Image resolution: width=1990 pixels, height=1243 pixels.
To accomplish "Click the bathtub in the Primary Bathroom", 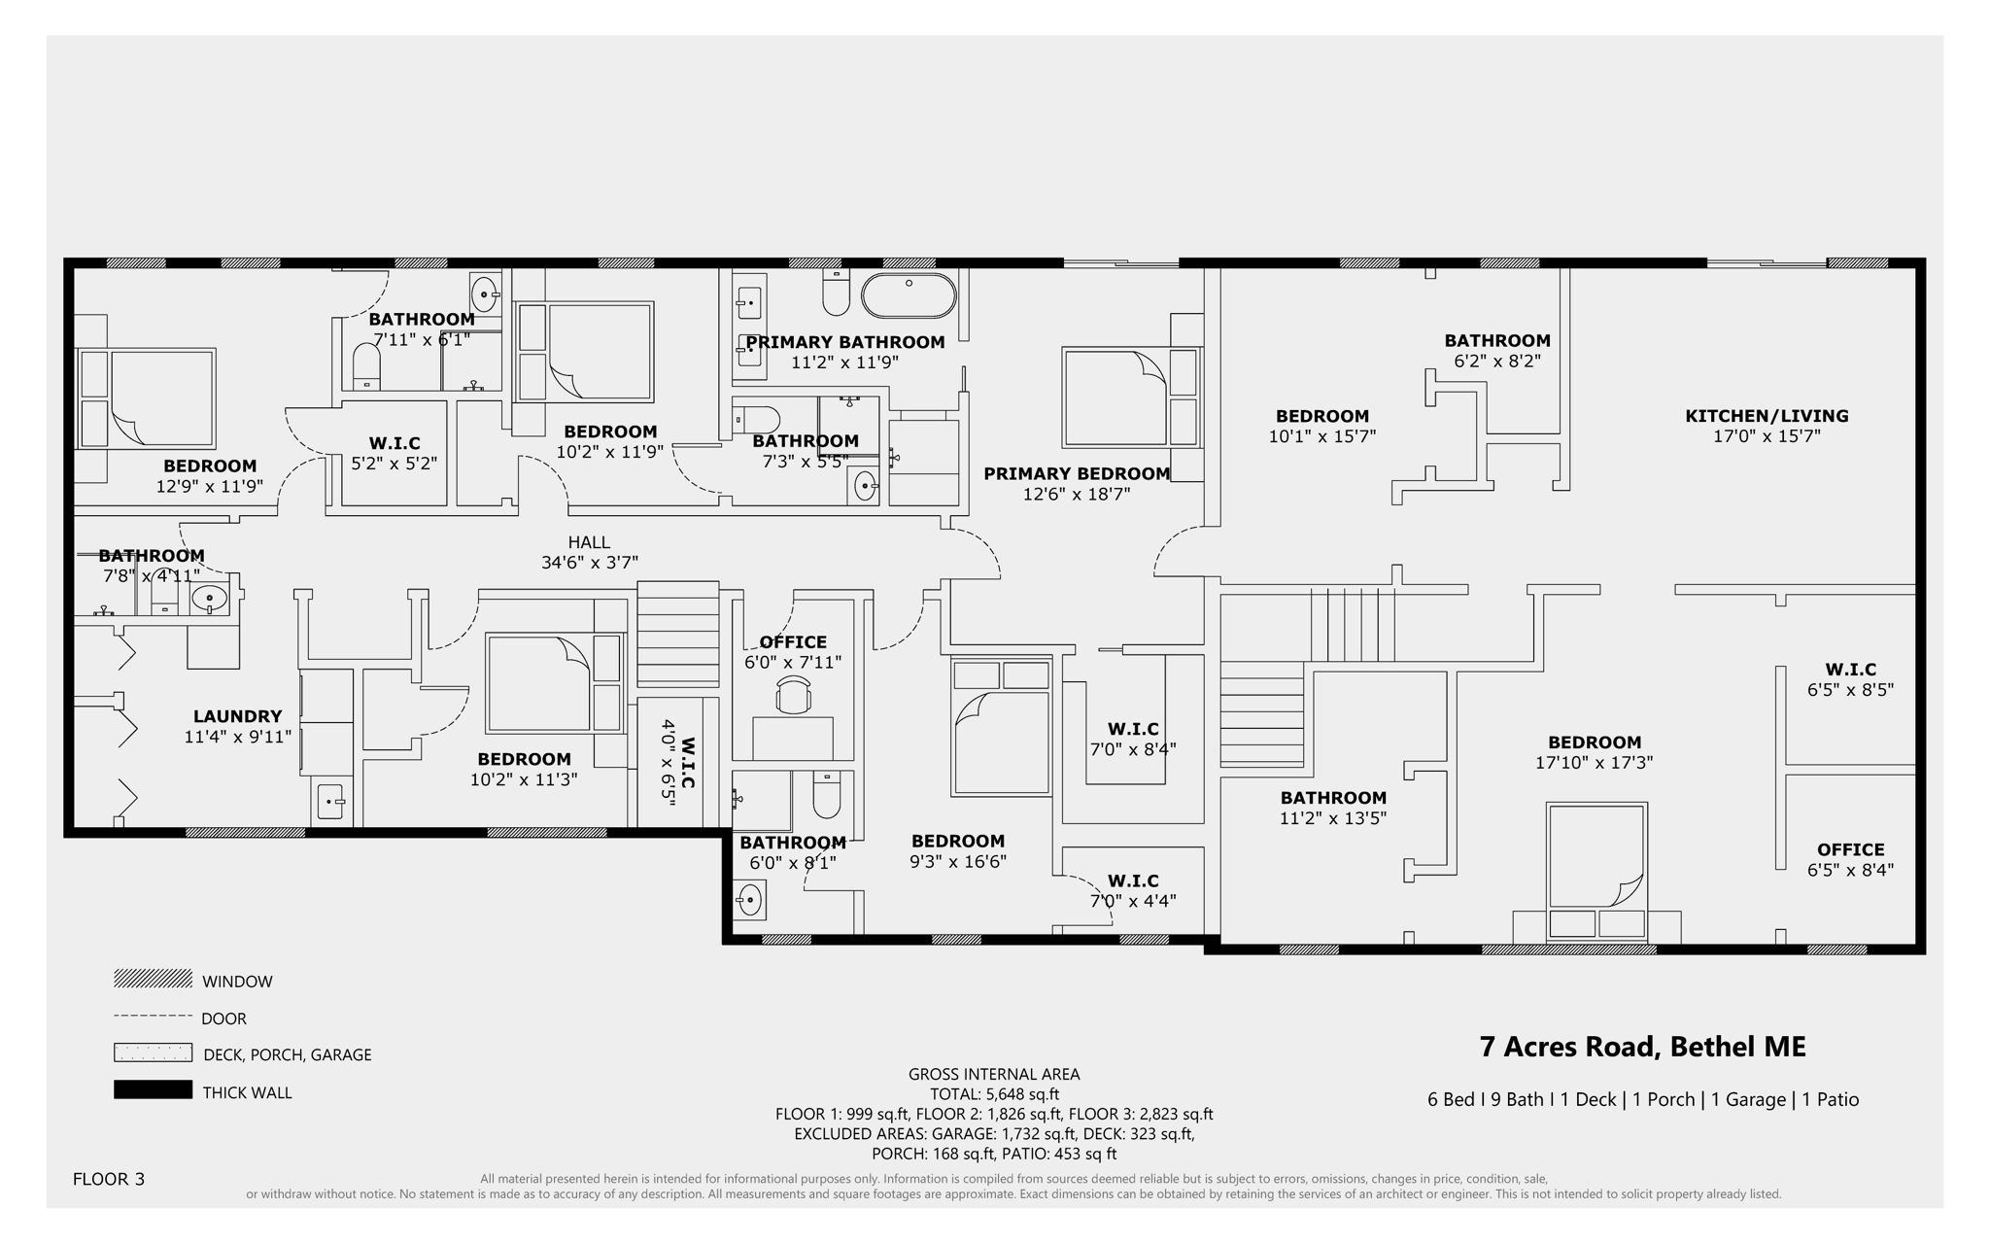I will (909, 295).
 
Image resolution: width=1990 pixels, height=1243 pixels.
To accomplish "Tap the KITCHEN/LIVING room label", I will (1766, 416).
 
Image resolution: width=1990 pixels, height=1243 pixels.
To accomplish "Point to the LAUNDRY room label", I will (237, 716).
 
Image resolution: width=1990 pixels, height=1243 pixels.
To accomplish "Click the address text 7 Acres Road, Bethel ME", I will (1642, 1047).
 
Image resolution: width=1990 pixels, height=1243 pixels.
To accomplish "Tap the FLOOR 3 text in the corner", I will (108, 1179).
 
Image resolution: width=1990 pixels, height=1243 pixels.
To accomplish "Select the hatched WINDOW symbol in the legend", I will (153, 979).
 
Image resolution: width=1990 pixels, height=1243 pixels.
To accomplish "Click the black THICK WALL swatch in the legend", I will (153, 1089).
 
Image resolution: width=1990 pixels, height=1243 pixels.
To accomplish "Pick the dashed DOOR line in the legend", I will (153, 1017).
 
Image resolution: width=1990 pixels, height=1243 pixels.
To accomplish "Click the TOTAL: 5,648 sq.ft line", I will (994, 1094).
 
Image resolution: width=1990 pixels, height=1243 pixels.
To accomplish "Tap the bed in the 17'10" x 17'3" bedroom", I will (1595, 855).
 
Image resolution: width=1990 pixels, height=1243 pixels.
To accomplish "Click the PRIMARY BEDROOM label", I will (1077, 473).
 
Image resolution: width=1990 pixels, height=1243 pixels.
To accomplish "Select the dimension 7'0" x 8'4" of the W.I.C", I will (1133, 749).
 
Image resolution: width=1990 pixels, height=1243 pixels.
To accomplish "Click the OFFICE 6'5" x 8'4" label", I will (1850, 859).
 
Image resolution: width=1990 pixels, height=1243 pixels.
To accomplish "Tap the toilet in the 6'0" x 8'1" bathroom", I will (826, 797).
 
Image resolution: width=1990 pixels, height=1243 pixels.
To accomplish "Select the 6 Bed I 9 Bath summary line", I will (1642, 1099).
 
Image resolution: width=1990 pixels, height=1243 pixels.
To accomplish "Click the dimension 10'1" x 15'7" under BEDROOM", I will (1321, 437).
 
